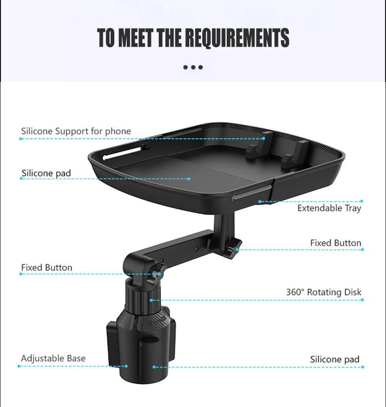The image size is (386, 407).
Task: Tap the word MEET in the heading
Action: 136,37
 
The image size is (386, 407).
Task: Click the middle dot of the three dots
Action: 193,67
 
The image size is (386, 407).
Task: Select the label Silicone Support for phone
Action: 76,131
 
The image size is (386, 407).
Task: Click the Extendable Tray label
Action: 329,208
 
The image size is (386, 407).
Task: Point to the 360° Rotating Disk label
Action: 324,292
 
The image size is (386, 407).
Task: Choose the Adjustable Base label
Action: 53,358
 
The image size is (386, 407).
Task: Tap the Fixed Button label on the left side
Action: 47,268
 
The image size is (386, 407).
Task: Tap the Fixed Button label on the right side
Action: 336,243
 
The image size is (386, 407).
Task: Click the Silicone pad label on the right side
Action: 335,359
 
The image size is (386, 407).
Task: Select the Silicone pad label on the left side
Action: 46,173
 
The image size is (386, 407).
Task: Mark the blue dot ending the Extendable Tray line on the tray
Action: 260,202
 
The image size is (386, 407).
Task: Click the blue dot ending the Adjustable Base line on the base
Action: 126,366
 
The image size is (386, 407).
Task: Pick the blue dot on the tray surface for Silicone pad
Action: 189,179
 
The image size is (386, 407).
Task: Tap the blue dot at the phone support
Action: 263,138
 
